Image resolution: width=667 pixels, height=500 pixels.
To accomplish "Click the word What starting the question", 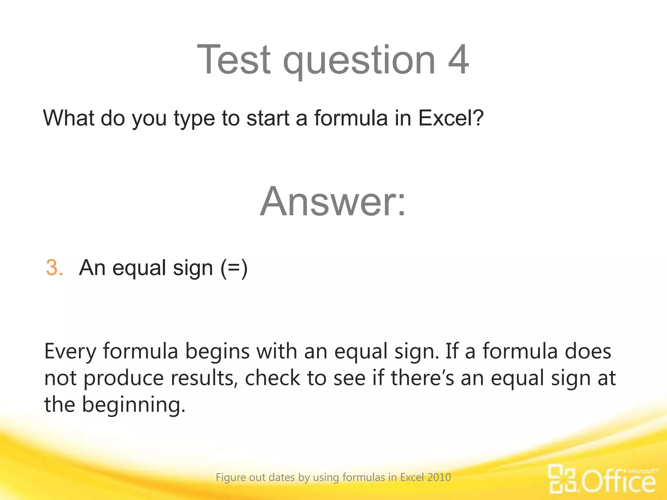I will coord(69,118).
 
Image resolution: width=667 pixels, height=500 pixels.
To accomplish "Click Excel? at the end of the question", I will coord(451,118).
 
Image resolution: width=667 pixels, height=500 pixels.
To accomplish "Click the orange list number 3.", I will coord(54,268).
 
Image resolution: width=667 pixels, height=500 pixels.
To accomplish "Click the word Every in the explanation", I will coord(70,352).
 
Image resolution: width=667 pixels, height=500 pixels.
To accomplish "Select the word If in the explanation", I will coord(451,351).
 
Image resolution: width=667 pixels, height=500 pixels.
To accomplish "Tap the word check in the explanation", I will coord(272,378).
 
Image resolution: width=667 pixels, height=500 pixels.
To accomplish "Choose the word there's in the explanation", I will coord(422,378).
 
